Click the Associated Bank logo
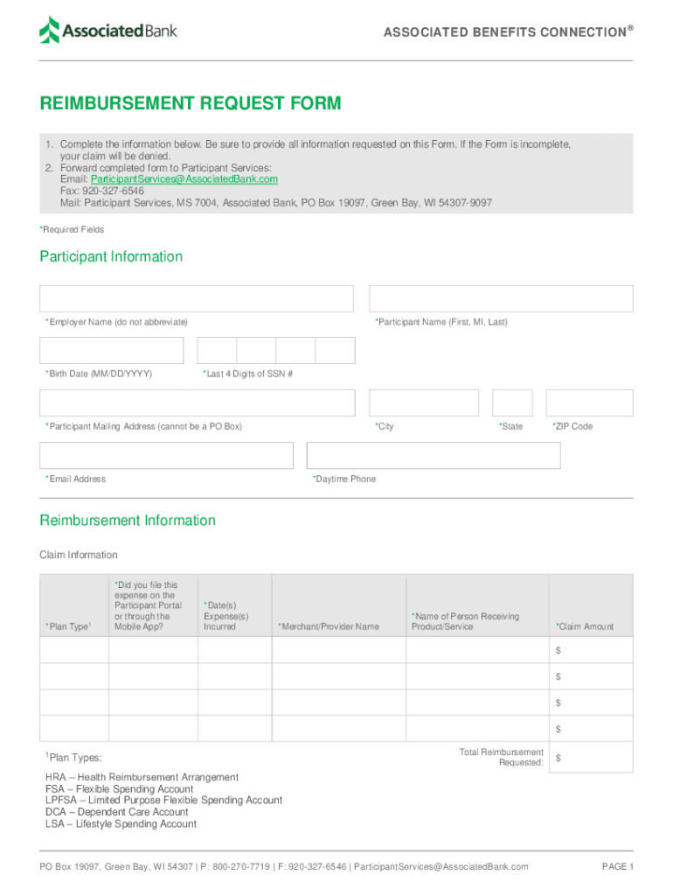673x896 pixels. (108, 31)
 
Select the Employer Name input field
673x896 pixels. (197, 298)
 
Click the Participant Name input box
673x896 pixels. (501, 298)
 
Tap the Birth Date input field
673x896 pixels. (112, 350)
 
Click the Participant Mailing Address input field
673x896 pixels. (197, 402)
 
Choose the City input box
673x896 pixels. (424, 402)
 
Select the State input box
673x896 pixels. (512, 402)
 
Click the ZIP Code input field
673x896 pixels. (589, 402)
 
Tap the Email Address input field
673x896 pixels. (166, 455)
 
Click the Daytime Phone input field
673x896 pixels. (434, 455)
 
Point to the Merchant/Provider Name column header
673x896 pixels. (329, 626)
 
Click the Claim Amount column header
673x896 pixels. (585, 626)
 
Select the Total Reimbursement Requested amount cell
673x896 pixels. (591, 757)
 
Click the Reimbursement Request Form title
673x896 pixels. (191, 104)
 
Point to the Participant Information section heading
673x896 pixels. (111, 256)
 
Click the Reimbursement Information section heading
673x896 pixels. (128, 521)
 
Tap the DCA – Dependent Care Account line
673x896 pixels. (117, 812)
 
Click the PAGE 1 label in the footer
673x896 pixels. (618, 866)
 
